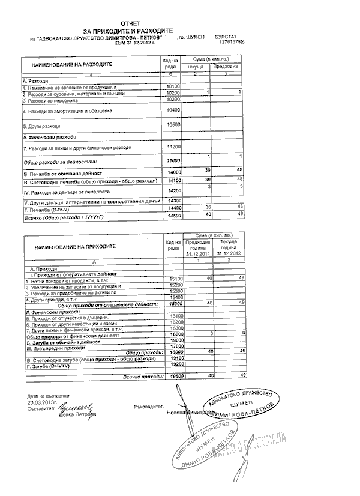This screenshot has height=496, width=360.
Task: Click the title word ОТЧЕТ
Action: pos(129,22)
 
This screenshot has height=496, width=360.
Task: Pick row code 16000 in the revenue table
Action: pos(175,333)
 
